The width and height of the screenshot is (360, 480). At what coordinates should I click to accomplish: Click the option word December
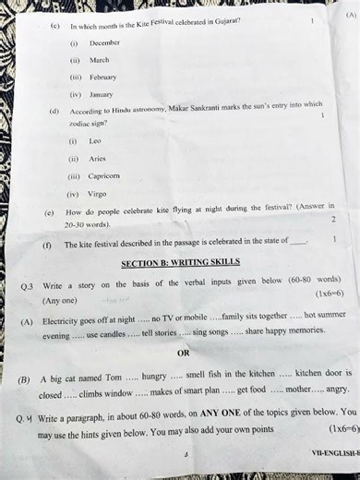pyautogui.click(x=104, y=43)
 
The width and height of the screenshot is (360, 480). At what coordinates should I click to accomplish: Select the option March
pyautogui.click(x=99, y=60)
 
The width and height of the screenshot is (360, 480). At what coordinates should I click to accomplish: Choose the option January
pyautogui.click(x=101, y=94)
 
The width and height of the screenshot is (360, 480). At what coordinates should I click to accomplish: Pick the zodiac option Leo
pyautogui.click(x=95, y=141)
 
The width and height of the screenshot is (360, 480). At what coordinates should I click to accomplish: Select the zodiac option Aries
pyautogui.click(x=97, y=159)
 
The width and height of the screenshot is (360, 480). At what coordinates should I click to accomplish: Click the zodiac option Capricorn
pyautogui.click(x=103, y=176)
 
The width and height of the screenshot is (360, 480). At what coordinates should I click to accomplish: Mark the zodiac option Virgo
pyautogui.click(x=98, y=195)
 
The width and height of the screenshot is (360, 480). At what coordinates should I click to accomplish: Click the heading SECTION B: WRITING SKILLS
pyautogui.click(x=181, y=262)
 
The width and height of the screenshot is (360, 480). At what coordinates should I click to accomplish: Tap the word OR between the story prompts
pyautogui.click(x=183, y=353)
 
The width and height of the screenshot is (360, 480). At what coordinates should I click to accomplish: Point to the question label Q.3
pyautogui.click(x=28, y=287)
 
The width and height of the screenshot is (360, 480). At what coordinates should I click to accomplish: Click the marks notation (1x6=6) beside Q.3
pyautogui.click(x=329, y=294)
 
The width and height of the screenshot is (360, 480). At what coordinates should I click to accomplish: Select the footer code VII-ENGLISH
pyautogui.click(x=332, y=453)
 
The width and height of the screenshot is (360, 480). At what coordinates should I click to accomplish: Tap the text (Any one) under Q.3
pyautogui.click(x=60, y=301)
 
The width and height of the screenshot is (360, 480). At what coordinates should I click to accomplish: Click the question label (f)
pyautogui.click(x=46, y=245)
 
